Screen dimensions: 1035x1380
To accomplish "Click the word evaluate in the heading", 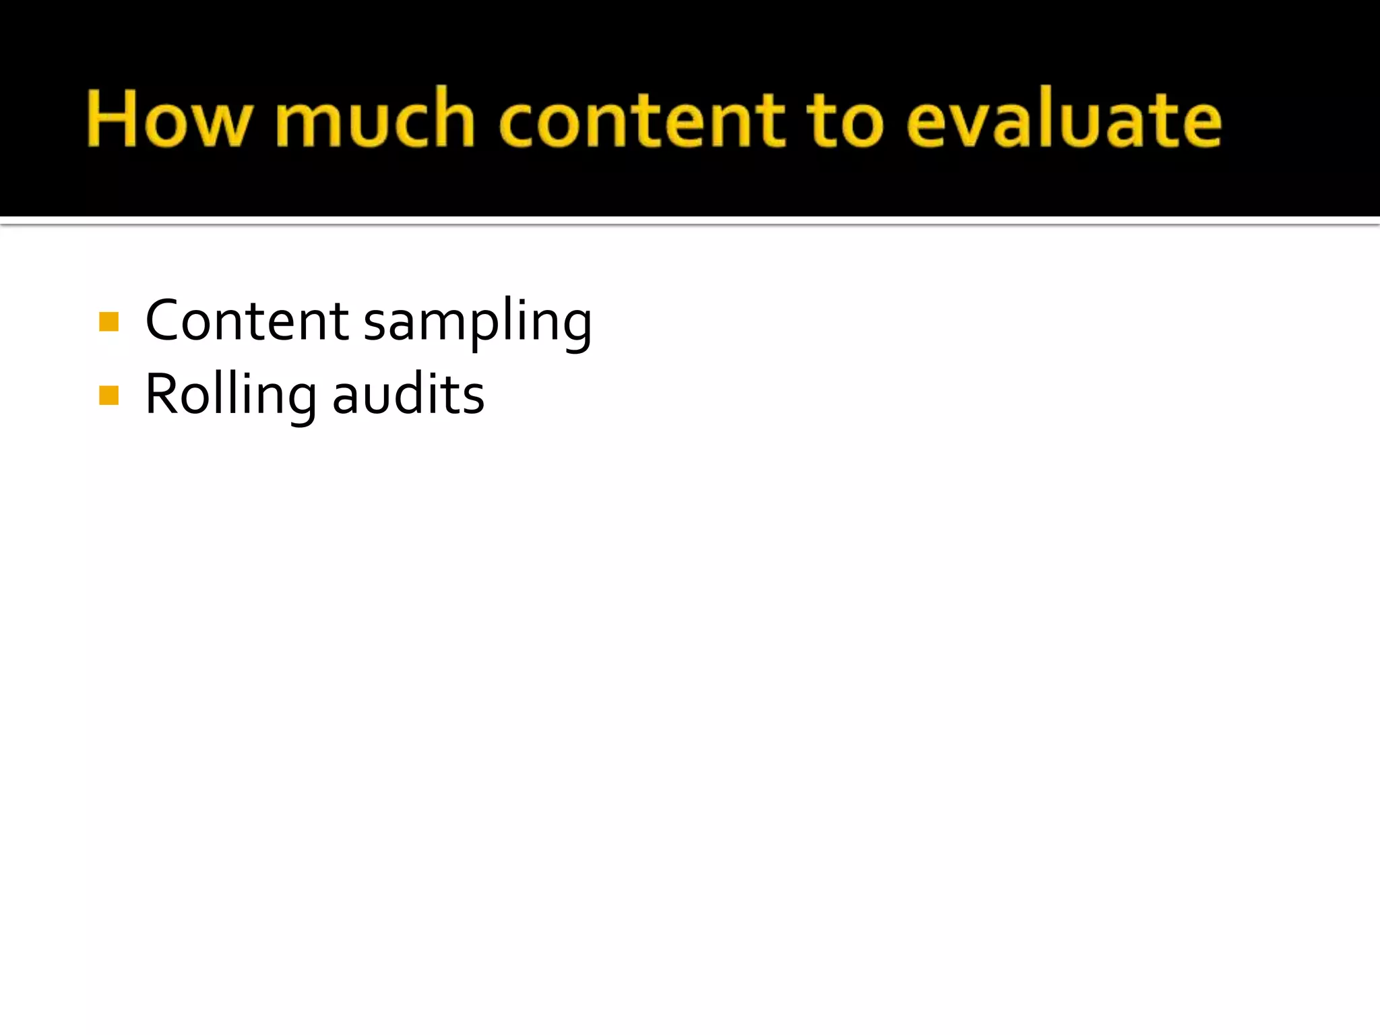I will tap(1064, 119).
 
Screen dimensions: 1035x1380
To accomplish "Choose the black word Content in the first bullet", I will tap(247, 321).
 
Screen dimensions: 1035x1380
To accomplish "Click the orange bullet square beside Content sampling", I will tap(108, 321).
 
